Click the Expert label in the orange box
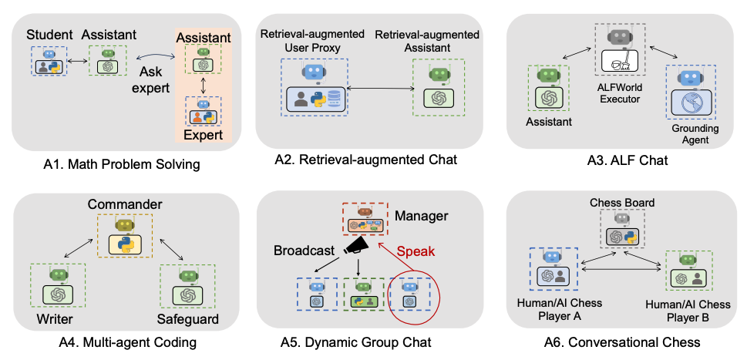tap(203, 136)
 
